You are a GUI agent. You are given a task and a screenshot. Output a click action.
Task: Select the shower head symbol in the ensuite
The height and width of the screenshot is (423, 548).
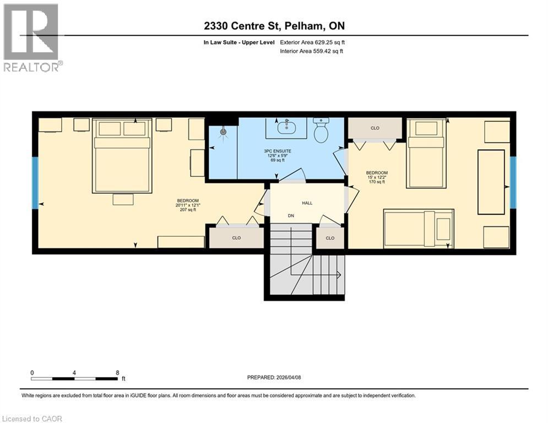(x=223, y=132)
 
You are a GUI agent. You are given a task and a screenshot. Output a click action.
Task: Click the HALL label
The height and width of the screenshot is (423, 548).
(x=307, y=203)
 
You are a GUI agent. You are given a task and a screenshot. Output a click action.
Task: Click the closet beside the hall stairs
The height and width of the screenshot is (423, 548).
(x=330, y=238)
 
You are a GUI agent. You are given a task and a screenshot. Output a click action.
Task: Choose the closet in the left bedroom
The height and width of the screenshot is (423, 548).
(x=236, y=238)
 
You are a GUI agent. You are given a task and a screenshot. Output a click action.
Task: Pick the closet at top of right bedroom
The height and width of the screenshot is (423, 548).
(x=375, y=128)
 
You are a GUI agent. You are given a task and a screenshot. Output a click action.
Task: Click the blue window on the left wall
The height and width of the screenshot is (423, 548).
(x=35, y=183)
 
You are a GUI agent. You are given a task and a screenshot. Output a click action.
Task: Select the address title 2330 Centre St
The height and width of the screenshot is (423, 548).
(x=273, y=26)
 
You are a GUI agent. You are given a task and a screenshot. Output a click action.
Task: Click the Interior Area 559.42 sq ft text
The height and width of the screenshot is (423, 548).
(x=312, y=51)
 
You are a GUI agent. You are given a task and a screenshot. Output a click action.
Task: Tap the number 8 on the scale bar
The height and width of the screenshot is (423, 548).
(x=117, y=372)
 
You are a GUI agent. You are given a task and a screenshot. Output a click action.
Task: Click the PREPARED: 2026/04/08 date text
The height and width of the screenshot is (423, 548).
(x=274, y=377)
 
